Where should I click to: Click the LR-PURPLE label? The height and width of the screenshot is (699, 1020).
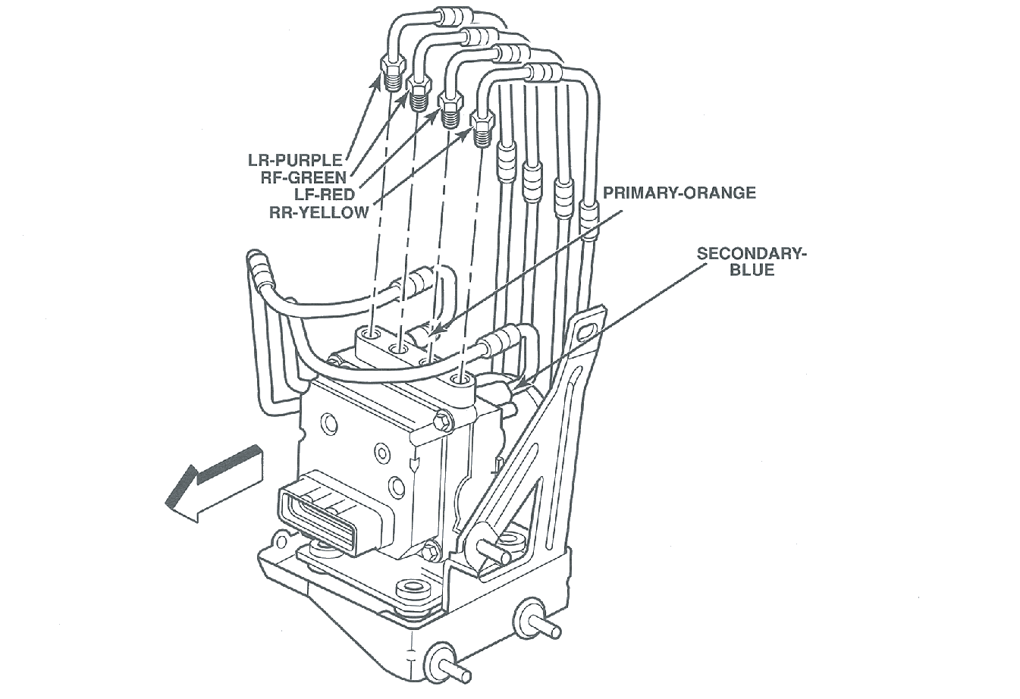click(x=295, y=160)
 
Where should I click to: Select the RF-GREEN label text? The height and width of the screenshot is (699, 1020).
click(x=303, y=177)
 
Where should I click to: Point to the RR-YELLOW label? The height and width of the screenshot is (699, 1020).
click(x=319, y=212)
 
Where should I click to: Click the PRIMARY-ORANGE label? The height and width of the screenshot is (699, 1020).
click(x=679, y=193)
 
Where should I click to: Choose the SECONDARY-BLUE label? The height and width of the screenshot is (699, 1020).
click(x=752, y=261)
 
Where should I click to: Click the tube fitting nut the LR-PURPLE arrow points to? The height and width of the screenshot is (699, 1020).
click(x=391, y=75)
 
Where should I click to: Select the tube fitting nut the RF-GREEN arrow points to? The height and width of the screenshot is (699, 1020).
click(x=419, y=91)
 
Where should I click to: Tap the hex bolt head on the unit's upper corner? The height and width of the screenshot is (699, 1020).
click(x=441, y=419)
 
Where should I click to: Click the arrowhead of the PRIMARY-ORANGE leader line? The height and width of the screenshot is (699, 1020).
click(x=434, y=331)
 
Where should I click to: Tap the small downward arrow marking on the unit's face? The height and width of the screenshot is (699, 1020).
click(x=414, y=465)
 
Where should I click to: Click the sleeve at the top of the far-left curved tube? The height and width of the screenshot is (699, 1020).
click(x=258, y=267)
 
